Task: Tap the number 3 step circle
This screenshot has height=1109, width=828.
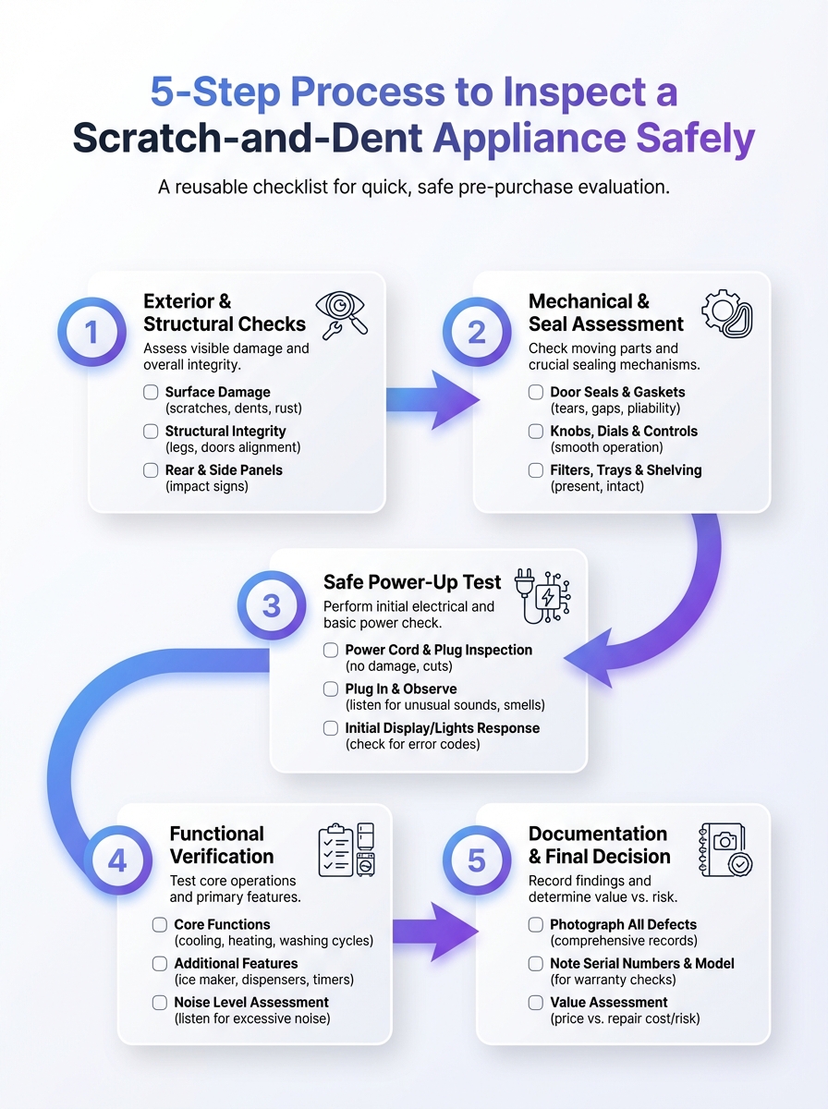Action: click(271, 607)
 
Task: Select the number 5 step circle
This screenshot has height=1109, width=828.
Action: click(476, 861)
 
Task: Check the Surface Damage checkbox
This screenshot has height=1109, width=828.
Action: click(152, 392)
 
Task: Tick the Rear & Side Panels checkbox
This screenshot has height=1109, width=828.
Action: click(152, 470)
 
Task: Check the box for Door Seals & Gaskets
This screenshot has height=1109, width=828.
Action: click(536, 392)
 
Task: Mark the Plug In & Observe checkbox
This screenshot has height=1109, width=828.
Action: click(331, 689)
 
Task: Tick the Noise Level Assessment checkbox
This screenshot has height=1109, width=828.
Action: click(160, 1003)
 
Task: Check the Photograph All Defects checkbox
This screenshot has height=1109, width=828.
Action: click(536, 924)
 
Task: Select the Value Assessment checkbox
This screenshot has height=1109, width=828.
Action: click(536, 1003)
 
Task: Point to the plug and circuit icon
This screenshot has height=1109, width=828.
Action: click(542, 593)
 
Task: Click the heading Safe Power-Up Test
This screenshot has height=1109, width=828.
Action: click(412, 582)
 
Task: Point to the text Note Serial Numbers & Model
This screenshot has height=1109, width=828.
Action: click(642, 963)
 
